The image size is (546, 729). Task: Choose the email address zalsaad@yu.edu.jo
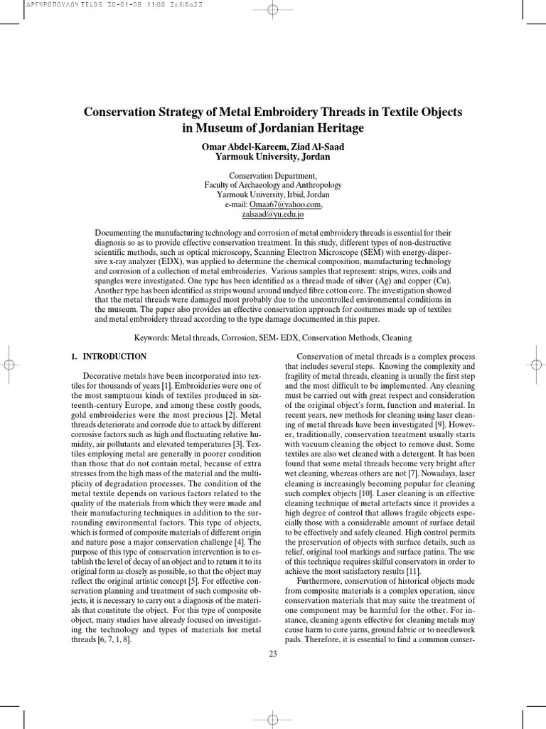[x=272, y=214]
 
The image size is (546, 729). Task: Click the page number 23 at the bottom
[x=273, y=654]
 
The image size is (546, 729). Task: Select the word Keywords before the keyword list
[x=151, y=337]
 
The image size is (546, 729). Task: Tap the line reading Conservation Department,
[x=273, y=175]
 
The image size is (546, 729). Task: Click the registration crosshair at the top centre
[x=273, y=10]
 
